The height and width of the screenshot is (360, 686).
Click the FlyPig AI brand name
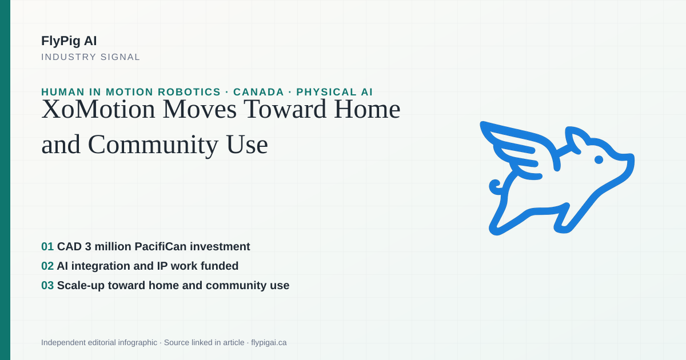tap(69, 41)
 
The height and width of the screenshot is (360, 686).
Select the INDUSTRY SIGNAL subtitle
tap(91, 57)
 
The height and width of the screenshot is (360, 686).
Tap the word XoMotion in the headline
tap(98, 109)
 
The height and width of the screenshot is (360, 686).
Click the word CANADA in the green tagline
tap(258, 92)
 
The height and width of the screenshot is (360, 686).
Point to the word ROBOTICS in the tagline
tap(189, 92)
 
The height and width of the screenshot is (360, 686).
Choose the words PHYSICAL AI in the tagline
tap(334, 92)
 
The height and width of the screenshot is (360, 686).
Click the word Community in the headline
tap(153, 145)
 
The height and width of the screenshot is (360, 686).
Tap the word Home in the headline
tap(367, 109)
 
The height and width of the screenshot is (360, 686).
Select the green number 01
tap(47, 246)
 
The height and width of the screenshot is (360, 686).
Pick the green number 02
tap(47, 266)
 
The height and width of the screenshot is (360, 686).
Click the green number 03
tap(47, 285)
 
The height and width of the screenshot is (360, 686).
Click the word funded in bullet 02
tap(220, 266)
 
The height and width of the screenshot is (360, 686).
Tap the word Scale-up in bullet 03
tap(81, 286)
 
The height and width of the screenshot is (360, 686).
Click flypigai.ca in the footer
tap(269, 342)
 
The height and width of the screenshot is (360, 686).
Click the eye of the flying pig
tap(599, 159)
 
